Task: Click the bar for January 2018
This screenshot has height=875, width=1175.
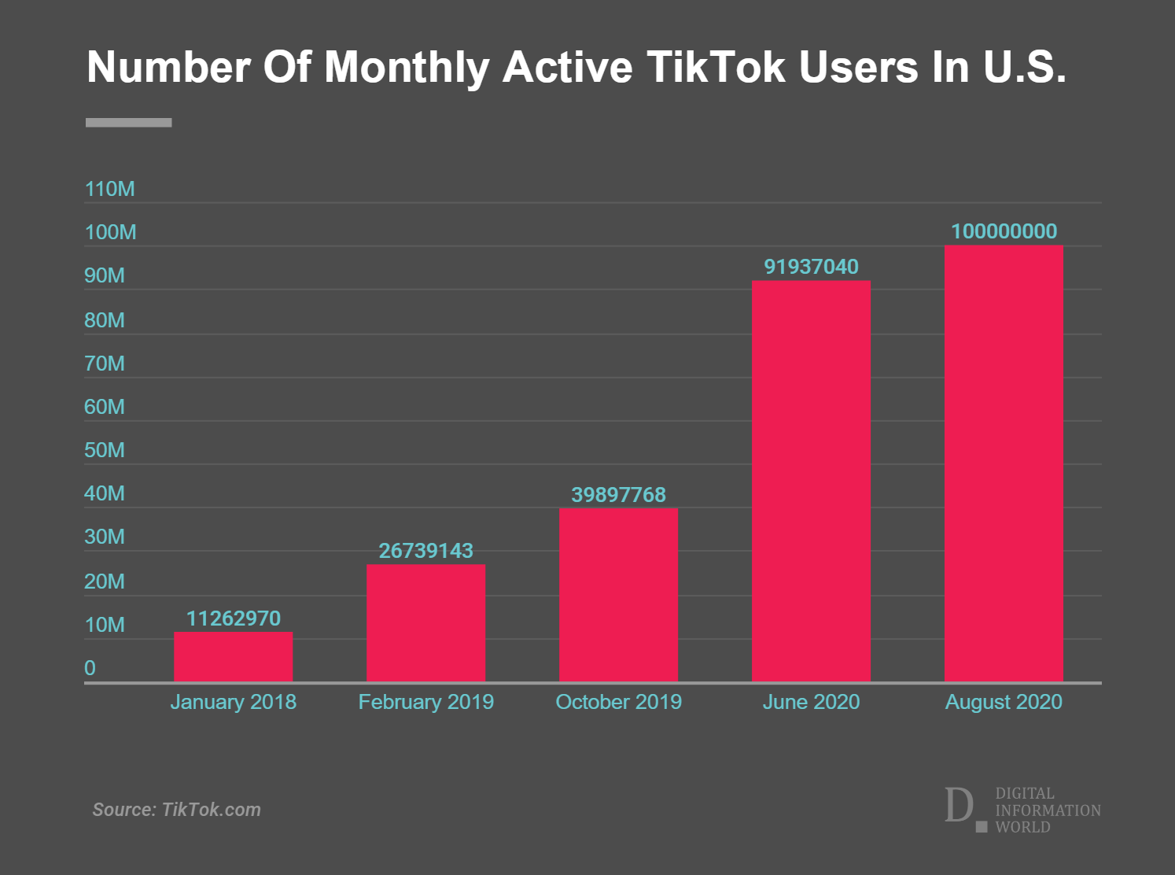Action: coord(233,656)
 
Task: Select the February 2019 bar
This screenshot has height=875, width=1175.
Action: coord(425,622)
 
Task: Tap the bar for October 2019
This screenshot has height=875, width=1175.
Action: coord(618,594)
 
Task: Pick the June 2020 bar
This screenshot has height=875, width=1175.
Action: coord(811,481)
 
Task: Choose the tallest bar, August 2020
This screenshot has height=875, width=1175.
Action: coord(1004,463)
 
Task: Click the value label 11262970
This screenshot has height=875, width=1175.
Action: coord(233,618)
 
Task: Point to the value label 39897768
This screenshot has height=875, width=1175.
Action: coord(618,495)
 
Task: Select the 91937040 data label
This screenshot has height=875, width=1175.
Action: coord(811,267)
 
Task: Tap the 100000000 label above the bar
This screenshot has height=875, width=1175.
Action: coord(1004,231)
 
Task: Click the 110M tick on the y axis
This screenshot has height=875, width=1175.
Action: coord(109,189)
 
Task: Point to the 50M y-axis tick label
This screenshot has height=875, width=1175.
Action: coord(104,450)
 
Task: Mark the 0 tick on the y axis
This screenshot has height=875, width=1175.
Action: coord(90,668)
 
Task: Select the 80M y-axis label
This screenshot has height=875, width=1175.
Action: coord(104,320)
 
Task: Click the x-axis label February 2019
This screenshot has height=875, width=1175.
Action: coord(425,702)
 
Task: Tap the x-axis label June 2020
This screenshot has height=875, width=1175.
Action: coord(811,702)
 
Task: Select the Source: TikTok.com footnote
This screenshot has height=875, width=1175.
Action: coord(176,810)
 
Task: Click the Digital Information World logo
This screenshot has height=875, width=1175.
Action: coord(1022,809)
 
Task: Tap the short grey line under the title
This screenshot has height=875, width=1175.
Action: coord(128,123)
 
